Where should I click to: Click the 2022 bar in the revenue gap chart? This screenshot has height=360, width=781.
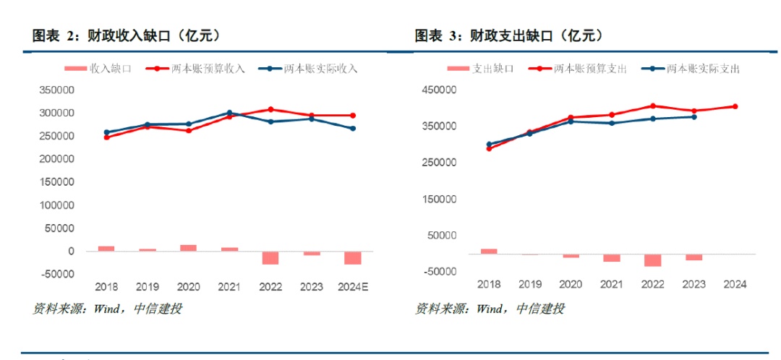(270, 257)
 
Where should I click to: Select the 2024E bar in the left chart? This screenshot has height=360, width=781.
(353, 257)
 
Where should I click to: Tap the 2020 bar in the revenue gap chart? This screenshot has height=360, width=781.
(189, 248)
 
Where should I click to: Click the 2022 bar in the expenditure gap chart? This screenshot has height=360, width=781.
(653, 260)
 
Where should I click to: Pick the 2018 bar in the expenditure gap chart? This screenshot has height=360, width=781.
(489, 251)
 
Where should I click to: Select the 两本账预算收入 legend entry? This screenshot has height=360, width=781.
(197, 69)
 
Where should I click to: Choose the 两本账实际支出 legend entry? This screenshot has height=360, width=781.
(693, 69)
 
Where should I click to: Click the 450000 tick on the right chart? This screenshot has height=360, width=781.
(438, 90)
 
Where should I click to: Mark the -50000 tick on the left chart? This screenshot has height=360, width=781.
(56, 274)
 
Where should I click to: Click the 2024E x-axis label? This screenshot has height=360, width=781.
(353, 286)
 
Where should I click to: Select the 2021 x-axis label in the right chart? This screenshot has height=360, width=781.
(612, 285)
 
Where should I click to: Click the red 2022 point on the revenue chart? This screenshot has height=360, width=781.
(270, 109)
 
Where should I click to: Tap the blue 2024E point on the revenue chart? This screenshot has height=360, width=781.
(353, 129)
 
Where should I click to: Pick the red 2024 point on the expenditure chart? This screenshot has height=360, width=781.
(735, 106)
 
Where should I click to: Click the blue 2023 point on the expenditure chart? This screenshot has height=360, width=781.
(694, 116)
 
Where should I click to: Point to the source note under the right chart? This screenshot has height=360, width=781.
(490, 309)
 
